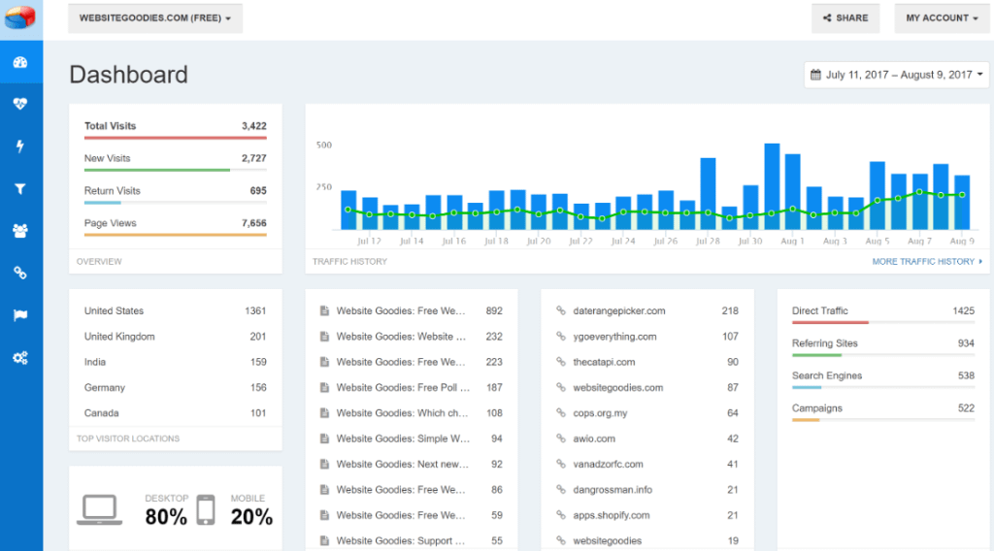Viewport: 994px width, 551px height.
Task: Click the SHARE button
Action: [x=845, y=18]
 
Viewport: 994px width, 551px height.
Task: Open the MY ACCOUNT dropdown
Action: [x=942, y=18]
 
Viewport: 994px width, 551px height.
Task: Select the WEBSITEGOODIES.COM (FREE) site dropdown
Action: [x=155, y=18]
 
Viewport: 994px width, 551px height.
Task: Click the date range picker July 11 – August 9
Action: [x=897, y=75]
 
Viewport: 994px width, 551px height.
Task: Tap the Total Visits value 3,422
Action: [x=253, y=126]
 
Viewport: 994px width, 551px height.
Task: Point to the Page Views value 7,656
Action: [x=253, y=223]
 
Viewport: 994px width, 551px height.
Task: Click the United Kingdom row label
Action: [x=119, y=337]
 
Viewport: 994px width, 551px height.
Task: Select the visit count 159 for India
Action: [x=257, y=362]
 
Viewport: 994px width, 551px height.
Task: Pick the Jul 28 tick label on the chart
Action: [x=708, y=241]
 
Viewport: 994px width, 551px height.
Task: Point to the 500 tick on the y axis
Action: [x=323, y=146]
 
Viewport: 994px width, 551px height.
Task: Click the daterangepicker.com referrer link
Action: [x=619, y=311]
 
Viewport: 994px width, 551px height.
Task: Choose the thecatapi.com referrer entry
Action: [x=604, y=362]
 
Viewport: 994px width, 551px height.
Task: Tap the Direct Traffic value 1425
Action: [x=963, y=311]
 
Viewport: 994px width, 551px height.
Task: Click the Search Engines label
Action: [x=827, y=375]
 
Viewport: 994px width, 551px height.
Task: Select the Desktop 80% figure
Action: [x=166, y=517]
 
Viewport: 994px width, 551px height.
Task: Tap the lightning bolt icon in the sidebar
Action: [x=20, y=146]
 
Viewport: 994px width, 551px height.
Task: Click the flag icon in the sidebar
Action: [x=20, y=315]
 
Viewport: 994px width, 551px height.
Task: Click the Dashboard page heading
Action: [x=128, y=75]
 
